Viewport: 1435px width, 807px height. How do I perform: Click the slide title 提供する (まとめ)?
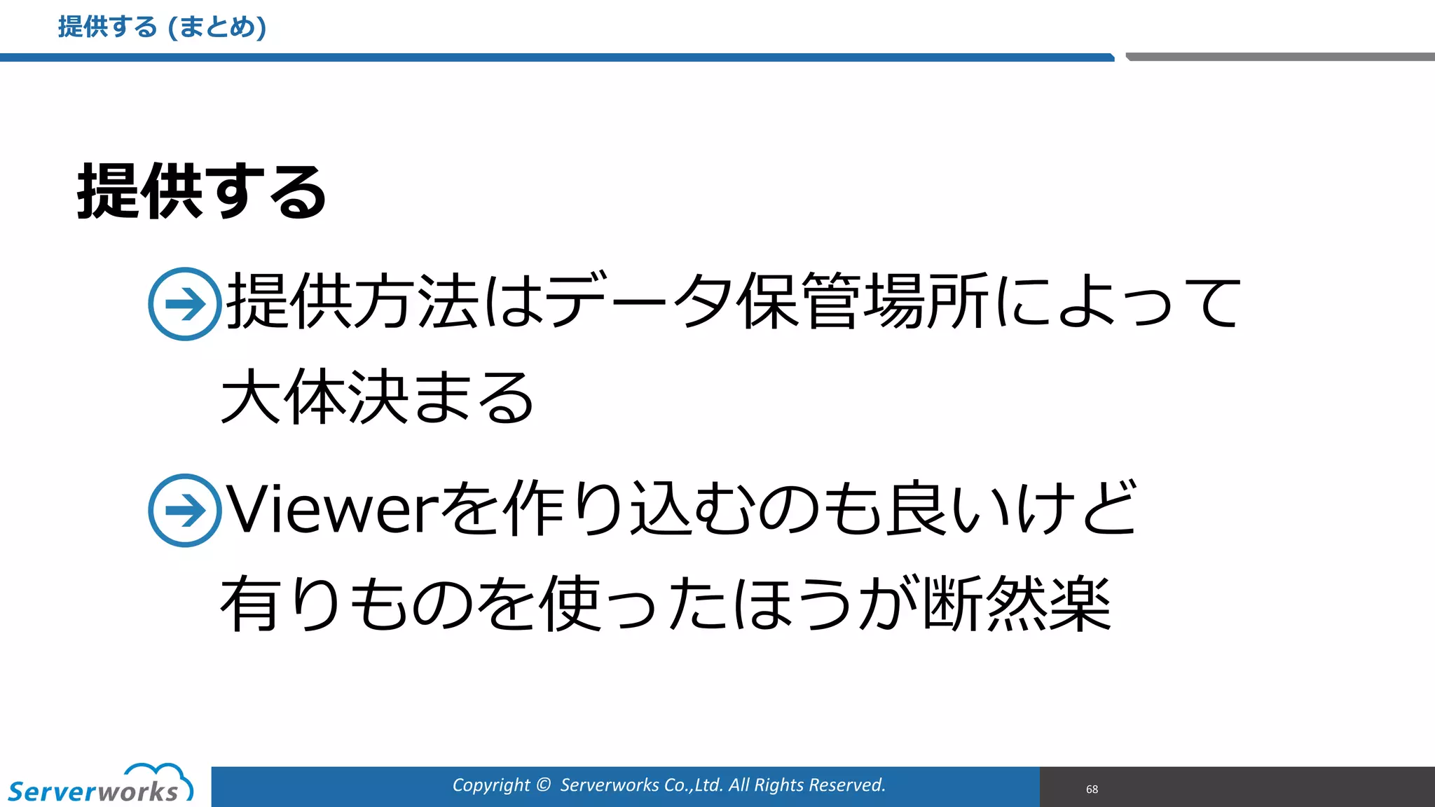pos(162,27)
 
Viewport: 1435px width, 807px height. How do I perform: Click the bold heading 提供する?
pos(202,191)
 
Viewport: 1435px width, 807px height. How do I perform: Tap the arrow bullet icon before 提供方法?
pos(184,304)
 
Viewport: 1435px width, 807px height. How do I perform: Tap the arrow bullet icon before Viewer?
pos(184,510)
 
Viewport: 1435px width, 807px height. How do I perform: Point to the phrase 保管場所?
pos(863,301)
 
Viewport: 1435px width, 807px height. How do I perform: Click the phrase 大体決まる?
pos(377,397)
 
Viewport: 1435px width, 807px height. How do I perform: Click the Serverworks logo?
pos(100,785)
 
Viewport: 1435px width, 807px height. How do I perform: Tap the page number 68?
pos(1092,789)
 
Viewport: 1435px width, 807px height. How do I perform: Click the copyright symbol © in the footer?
pos(543,785)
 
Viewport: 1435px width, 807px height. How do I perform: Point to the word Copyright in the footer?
pos(491,785)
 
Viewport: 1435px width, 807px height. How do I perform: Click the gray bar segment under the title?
pos(1279,57)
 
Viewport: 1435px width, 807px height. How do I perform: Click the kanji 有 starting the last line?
pos(250,604)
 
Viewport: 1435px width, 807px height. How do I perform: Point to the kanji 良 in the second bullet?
pos(915,509)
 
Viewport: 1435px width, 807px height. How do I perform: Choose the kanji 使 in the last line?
pos(569,604)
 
